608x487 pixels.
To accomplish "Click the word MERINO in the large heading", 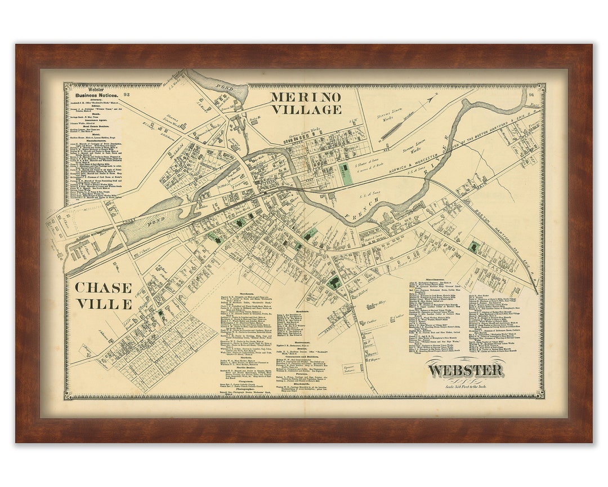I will coord(306,96).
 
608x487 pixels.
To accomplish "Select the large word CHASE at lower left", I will coord(103,287).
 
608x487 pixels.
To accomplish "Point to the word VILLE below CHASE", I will coord(103,304).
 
